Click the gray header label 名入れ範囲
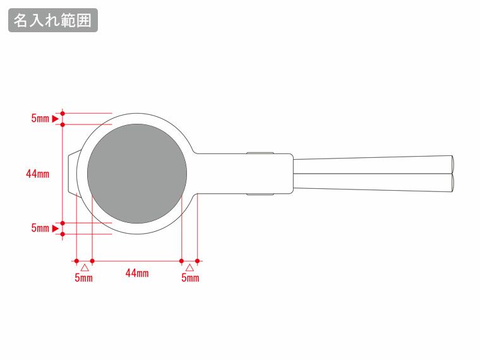[x=53, y=20]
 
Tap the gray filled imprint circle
[x=137, y=174]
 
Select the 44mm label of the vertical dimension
[x=38, y=174]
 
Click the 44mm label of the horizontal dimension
[x=137, y=273]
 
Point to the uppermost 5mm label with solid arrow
[x=40, y=118]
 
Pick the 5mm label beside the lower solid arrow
[x=40, y=228]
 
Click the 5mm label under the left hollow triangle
[x=83, y=277]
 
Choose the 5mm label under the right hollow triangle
[x=190, y=277]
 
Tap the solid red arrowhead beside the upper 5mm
[x=55, y=119]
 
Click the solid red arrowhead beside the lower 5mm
[x=55, y=229]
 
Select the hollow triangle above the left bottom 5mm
[x=85, y=268]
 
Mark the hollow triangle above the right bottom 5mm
[x=189, y=268]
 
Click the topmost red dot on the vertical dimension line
[x=63, y=113]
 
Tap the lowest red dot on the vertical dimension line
[x=63, y=234]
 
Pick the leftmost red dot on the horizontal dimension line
[x=76, y=261]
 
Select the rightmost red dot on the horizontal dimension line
[x=198, y=261]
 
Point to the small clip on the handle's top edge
[x=260, y=153]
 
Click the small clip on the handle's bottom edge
[x=260, y=194]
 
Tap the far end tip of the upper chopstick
[x=452, y=165]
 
